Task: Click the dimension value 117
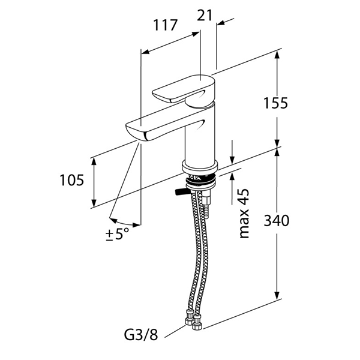pyautogui.click(x=166, y=25)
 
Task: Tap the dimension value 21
pyautogui.click(x=205, y=16)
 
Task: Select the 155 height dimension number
pyautogui.click(x=275, y=103)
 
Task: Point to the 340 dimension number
pyautogui.click(x=277, y=221)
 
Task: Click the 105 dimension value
pyautogui.click(x=71, y=180)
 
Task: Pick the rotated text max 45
pyautogui.click(x=244, y=214)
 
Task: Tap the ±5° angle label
pyautogui.click(x=118, y=234)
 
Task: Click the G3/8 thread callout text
pyautogui.click(x=141, y=335)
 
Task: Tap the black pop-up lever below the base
pyautogui.click(x=182, y=192)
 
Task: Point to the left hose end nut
pyautogui.click(x=189, y=318)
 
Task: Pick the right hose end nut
pyautogui.click(x=197, y=322)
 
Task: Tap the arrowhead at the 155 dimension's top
pyautogui.click(x=277, y=55)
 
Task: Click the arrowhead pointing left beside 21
pyautogui.click(x=221, y=23)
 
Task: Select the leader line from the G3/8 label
pyautogui.click(x=175, y=331)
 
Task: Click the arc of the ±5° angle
pyautogui.click(x=125, y=224)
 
